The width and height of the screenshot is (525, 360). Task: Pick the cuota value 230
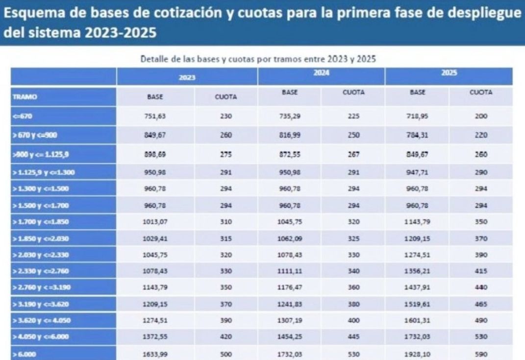tap(226, 117)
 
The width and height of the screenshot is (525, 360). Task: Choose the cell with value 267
tap(353, 155)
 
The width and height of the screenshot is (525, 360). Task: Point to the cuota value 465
tap(480, 304)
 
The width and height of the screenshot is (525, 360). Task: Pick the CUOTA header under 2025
tap(480, 92)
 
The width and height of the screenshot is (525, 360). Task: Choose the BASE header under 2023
tap(155, 97)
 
